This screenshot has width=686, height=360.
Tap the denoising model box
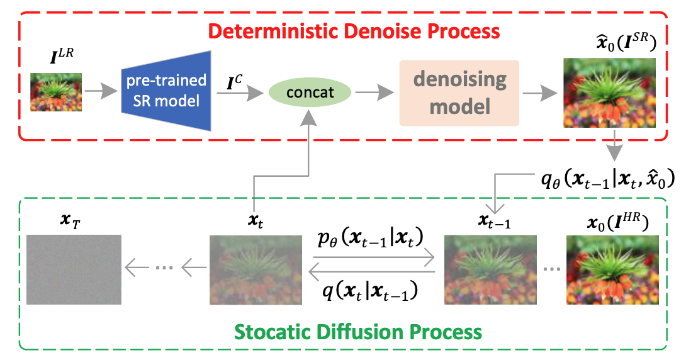point(459,92)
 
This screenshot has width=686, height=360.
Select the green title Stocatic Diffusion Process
point(358,330)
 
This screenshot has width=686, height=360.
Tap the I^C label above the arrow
point(233,80)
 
